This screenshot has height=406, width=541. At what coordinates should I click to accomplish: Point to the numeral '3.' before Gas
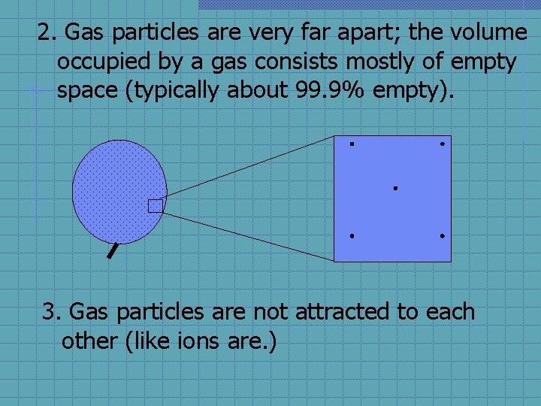[53, 311]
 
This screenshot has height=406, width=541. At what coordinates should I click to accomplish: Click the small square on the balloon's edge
[156, 205]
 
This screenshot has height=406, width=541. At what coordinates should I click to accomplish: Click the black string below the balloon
[113, 250]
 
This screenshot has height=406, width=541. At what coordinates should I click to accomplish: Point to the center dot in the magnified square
[394, 188]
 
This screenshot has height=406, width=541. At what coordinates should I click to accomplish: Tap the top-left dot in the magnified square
[351, 143]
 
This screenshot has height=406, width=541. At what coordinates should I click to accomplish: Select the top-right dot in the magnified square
[443, 143]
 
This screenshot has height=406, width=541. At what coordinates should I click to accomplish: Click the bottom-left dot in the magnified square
[351, 236]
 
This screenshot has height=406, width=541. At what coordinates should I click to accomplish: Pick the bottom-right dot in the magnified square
[443, 236]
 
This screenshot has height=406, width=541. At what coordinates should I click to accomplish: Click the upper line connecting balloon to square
[248, 168]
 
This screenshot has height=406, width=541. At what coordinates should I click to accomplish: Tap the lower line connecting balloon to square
[248, 236]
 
